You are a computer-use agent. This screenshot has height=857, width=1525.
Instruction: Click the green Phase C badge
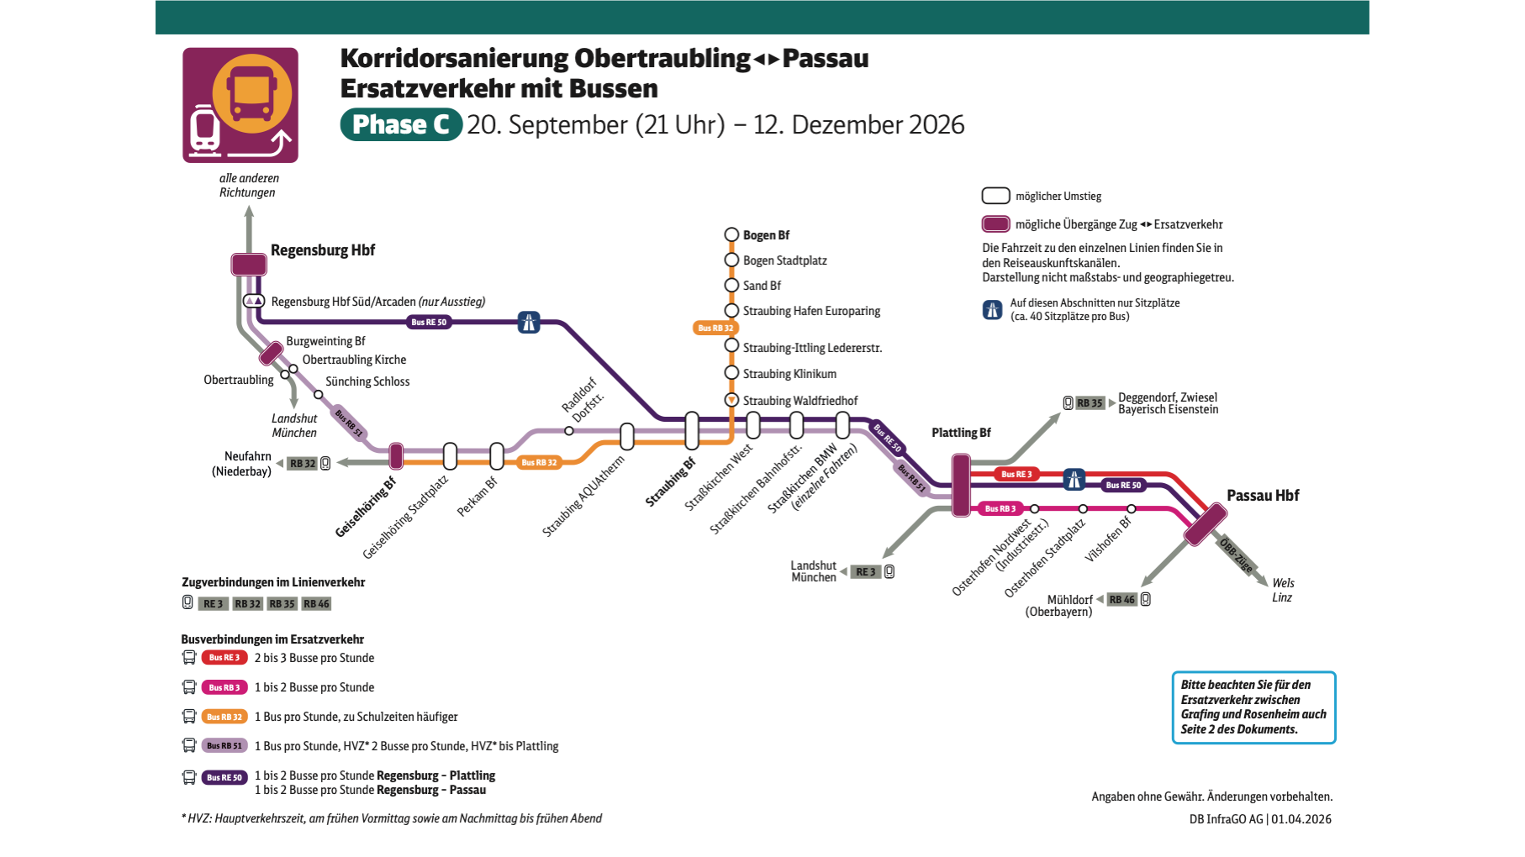point(401,124)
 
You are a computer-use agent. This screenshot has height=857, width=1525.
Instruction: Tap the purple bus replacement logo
point(240,105)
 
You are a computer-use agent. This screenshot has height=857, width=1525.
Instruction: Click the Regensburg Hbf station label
point(323,250)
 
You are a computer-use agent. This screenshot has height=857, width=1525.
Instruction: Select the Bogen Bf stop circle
point(731,235)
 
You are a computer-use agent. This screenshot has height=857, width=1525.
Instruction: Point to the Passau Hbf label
point(1263,496)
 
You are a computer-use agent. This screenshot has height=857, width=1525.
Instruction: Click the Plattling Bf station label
point(961,433)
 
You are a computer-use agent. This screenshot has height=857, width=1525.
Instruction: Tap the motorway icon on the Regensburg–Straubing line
point(529,322)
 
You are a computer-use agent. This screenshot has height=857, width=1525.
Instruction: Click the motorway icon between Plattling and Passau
point(1074,480)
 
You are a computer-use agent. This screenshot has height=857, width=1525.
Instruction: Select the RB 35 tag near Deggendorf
point(1090,403)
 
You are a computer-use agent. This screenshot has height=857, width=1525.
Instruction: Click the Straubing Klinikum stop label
point(789,374)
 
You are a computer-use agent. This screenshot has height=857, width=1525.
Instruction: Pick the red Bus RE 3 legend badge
point(224,658)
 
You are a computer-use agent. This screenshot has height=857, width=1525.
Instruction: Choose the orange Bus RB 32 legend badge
point(224,717)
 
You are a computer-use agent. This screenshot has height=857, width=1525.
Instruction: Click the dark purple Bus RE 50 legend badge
point(224,777)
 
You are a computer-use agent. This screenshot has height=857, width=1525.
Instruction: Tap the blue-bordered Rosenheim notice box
point(1253,707)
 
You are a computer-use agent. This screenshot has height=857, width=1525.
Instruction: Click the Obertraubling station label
point(239,380)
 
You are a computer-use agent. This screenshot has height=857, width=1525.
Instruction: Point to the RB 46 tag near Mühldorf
point(1121,600)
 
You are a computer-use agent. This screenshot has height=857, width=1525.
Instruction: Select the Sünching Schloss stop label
point(367,381)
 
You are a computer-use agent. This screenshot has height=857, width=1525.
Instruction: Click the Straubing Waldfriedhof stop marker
point(731,400)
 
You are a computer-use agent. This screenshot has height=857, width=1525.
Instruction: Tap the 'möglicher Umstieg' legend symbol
point(996,196)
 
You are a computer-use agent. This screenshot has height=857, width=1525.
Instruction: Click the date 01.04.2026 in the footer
point(1301,819)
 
